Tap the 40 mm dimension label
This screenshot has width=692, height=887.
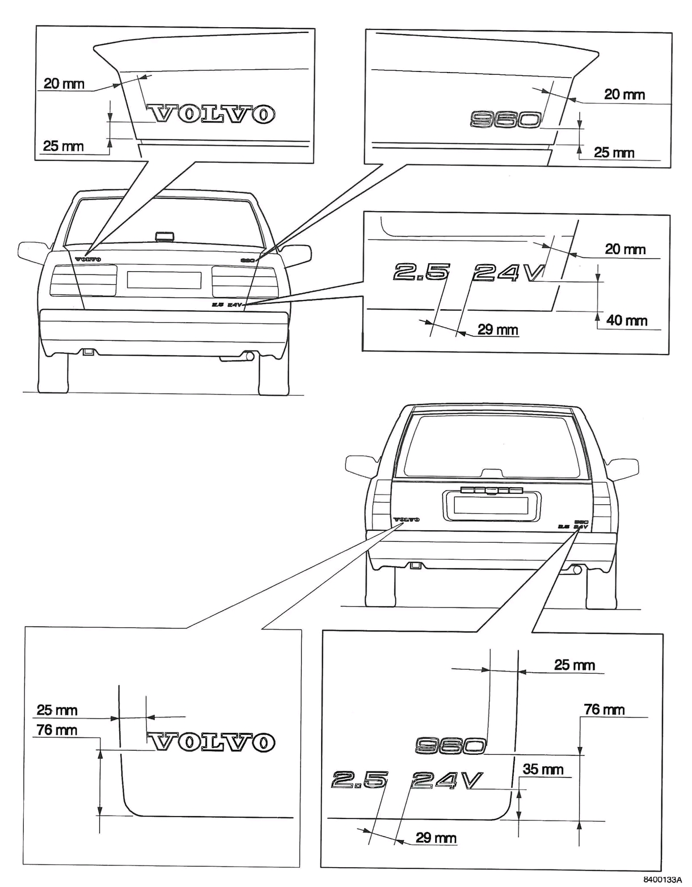point(627,320)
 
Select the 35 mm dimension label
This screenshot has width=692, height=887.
point(543,769)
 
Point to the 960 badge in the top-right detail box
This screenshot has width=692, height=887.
point(505,119)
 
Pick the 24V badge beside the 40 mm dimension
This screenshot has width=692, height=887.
point(507,272)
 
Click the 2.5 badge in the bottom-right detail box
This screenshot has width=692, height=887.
point(358,781)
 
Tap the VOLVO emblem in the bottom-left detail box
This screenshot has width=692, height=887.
point(212,741)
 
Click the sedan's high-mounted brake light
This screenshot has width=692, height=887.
point(162,236)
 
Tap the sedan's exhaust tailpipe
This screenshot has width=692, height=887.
point(248,356)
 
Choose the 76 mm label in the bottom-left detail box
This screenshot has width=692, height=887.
point(57,729)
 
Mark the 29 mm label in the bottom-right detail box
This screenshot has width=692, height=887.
point(436,837)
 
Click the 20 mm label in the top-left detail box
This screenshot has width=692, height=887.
point(64,84)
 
